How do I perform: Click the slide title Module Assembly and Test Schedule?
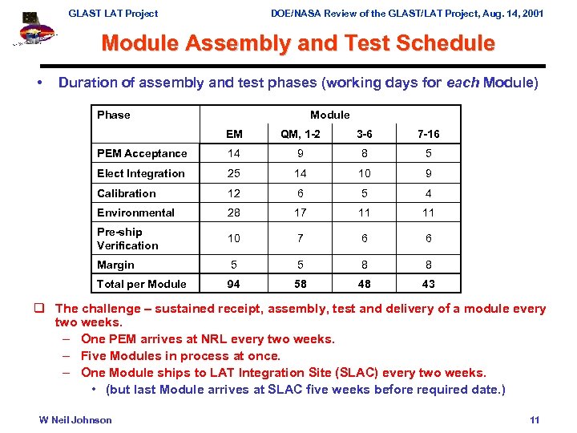(x=298, y=43)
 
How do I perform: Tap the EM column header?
(x=234, y=134)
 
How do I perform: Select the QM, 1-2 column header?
(x=300, y=134)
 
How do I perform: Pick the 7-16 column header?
(x=429, y=134)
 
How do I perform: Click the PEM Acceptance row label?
(x=142, y=154)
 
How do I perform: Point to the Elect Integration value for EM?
(x=234, y=173)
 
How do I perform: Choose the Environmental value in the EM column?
(x=234, y=212)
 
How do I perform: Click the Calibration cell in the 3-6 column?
(x=364, y=193)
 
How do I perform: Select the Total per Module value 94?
(x=234, y=284)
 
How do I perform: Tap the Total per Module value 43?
(x=429, y=284)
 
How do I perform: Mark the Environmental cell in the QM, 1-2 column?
(x=300, y=212)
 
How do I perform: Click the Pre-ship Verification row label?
(x=127, y=239)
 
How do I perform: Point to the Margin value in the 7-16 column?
(x=429, y=265)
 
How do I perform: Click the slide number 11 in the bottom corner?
(x=535, y=420)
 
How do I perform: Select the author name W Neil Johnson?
(x=75, y=420)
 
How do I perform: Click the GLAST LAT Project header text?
(x=113, y=13)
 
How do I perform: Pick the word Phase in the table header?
(x=113, y=115)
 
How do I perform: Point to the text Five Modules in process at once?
(x=180, y=356)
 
